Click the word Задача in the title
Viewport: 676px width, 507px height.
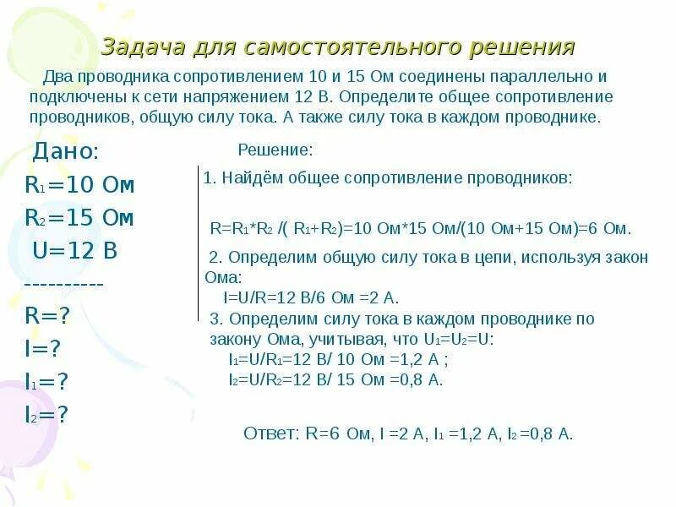click(x=139, y=46)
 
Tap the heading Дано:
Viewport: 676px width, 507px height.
click(x=66, y=152)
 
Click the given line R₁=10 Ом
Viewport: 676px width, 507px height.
click(x=79, y=185)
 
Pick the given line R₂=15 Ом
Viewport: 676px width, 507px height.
click(x=79, y=218)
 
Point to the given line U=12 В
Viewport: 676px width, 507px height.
click(x=74, y=251)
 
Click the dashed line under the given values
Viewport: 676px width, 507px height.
click(x=64, y=284)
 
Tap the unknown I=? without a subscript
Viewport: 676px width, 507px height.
click(x=44, y=349)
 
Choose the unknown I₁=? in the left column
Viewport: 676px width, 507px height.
click(x=46, y=381)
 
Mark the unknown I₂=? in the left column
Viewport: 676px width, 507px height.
click(x=46, y=414)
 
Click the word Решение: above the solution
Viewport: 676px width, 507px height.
click(x=275, y=150)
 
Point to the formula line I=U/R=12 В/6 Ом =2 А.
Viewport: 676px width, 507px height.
click(x=310, y=297)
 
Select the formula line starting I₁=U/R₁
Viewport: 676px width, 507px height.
click(x=338, y=359)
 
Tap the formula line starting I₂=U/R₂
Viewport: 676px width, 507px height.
click(x=335, y=379)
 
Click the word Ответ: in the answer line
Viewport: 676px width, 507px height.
click(x=271, y=434)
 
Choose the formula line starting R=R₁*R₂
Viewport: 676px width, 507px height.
click(x=420, y=228)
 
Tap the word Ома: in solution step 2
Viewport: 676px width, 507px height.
click(x=223, y=277)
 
